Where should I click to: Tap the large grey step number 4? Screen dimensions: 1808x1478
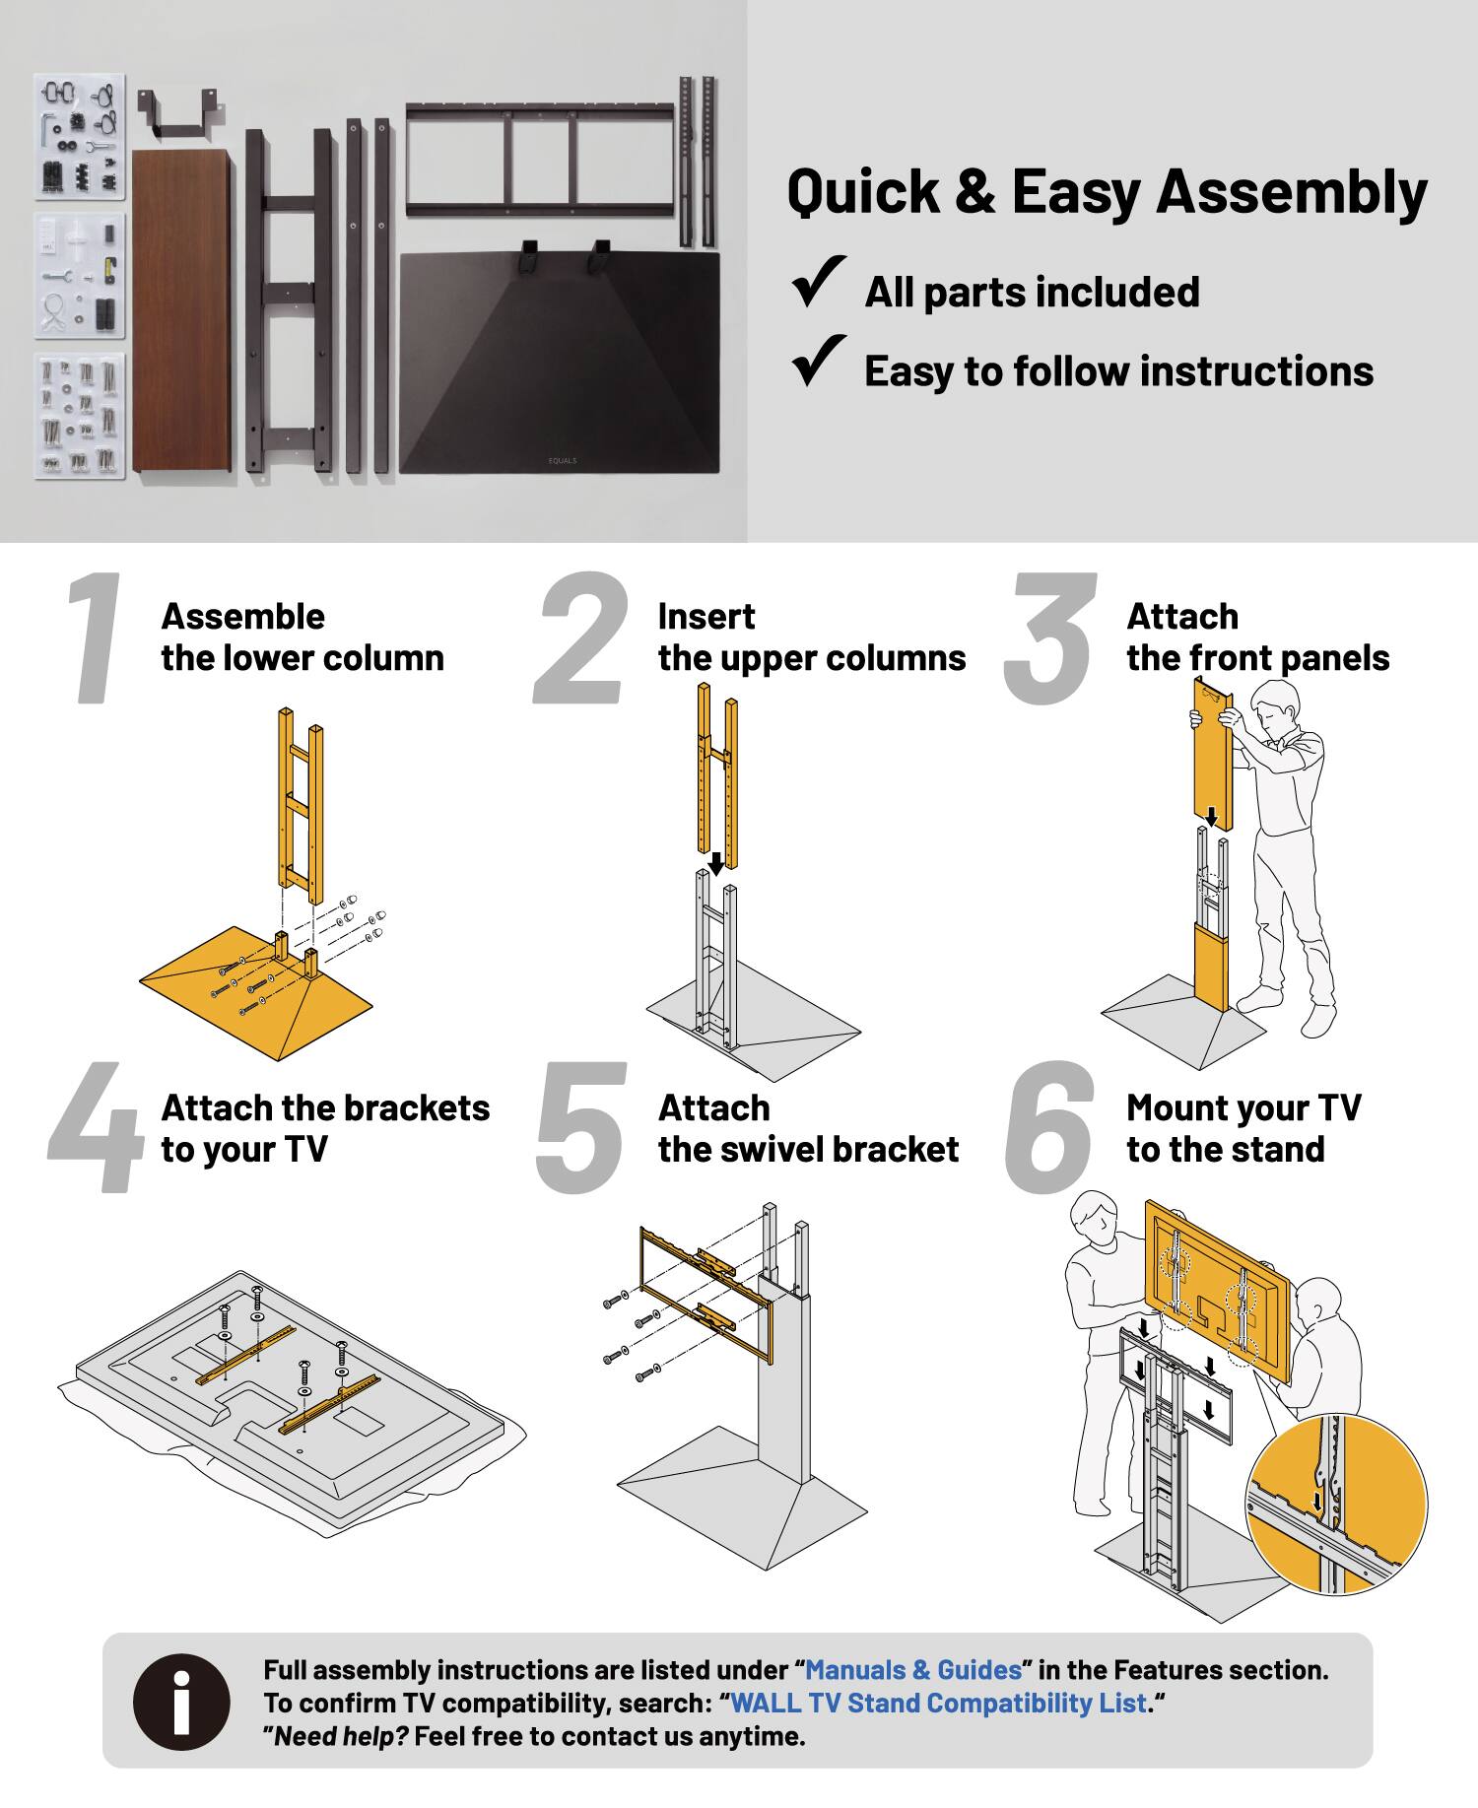(x=96, y=1128)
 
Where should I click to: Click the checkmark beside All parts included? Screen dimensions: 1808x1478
(x=819, y=282)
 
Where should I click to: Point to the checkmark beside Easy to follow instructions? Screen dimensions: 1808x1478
(x=819, y=361)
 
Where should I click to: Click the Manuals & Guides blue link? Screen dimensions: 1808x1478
(x=913, y=1669)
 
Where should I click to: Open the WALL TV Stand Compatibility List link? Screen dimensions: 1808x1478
(x=939, y=1703)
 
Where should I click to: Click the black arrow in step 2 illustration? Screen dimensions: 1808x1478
(x=716, y=863)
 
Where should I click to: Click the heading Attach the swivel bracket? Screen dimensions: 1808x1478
(x=808, y=1129)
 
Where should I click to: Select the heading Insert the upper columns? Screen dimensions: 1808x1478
(x=811, y=637)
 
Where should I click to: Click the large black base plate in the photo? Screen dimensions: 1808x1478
(x=560, y=365)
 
